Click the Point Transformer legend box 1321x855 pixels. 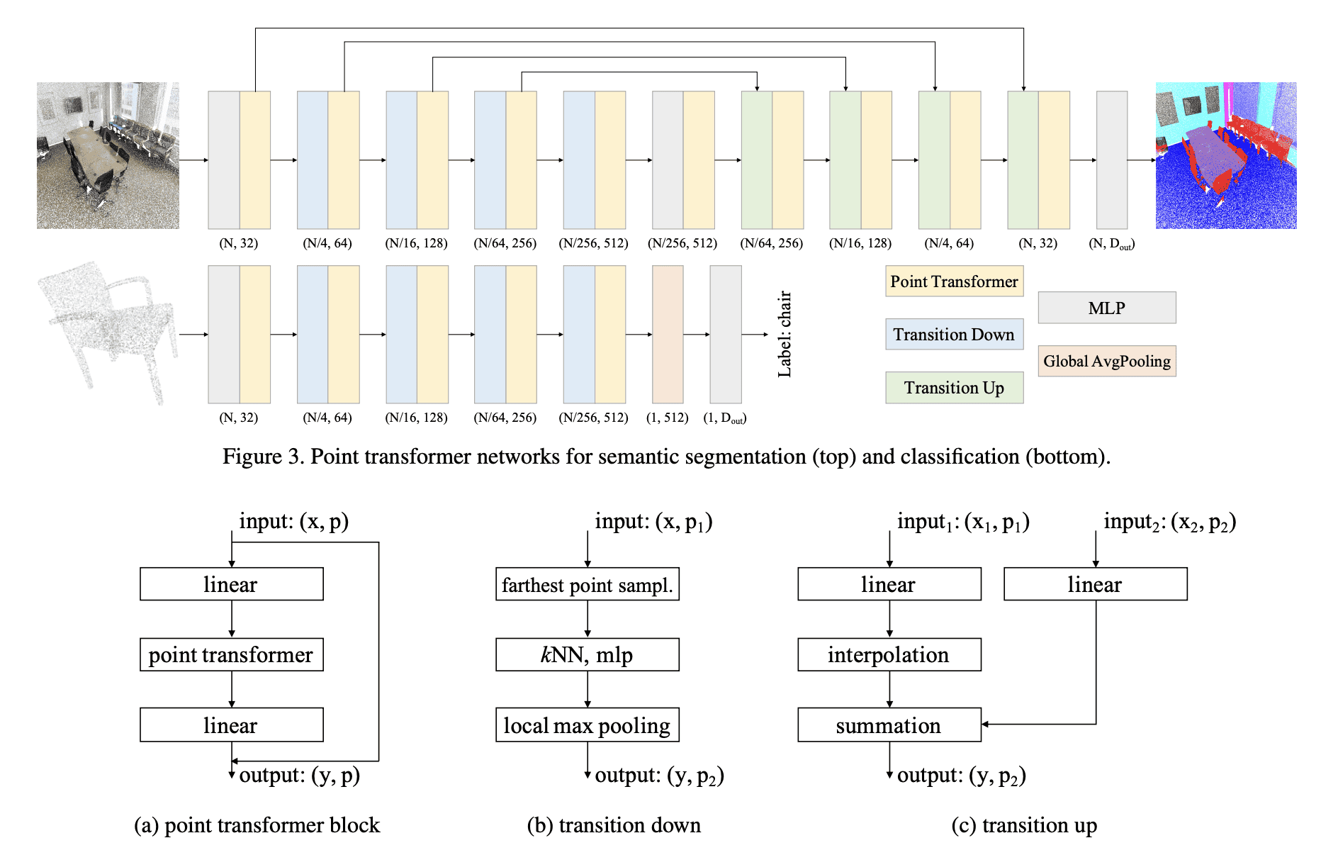[954, 281]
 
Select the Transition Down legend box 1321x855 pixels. [954, 334]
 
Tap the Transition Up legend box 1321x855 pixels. [954, 388]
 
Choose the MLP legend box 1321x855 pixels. [1106, 308]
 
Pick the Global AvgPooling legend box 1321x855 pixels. [1106, 361]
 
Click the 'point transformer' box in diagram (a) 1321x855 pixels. [231, 654]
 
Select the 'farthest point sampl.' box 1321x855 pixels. [587, 584]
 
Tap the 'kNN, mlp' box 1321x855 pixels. [587, 654]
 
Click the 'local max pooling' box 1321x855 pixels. [587, 725]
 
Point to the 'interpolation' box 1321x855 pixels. [889, 654]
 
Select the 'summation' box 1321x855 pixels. [889, 725]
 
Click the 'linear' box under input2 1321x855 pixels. [1095, 584]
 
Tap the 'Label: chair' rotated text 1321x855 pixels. [784, 334]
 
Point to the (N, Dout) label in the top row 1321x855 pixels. [1111, 244]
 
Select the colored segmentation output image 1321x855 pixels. [1225, 156]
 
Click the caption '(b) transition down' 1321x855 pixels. [614, 825]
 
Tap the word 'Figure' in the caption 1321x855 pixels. [252, 457]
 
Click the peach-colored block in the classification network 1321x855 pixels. [667, 334]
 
